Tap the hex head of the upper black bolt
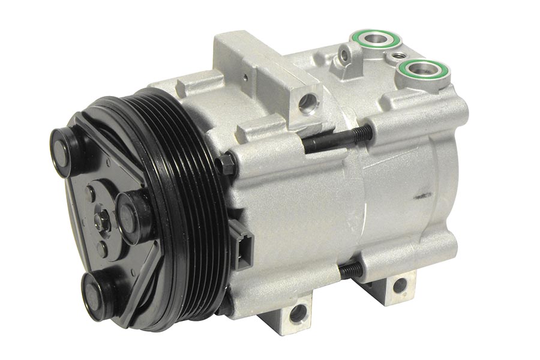click(x=226, y=163)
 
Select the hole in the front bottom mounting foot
click(x=296, y=312)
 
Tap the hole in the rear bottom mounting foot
click(x=399, y=285)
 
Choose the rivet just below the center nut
click(x=103, y=247)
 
